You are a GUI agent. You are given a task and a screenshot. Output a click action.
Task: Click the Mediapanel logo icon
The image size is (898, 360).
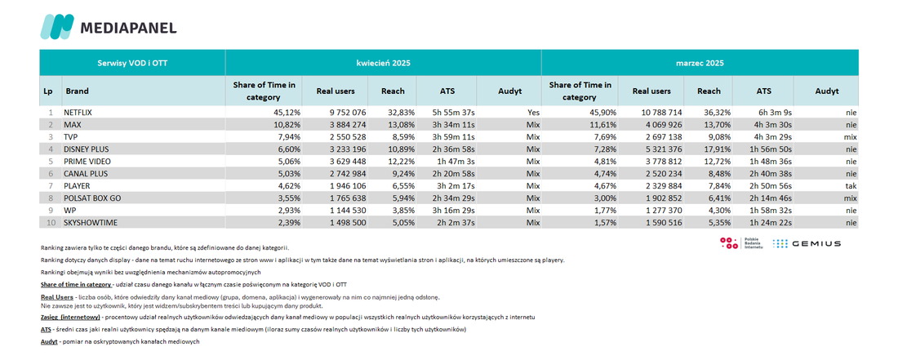pos(56,27)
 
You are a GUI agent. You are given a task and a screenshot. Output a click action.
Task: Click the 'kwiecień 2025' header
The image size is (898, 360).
pos(383,62)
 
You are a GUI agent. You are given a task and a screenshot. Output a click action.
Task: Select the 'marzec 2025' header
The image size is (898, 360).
pos(700,62)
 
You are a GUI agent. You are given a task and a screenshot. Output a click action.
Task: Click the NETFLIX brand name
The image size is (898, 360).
pos(78,113)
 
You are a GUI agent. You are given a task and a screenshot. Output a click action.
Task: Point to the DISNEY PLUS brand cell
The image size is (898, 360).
pos(87,149)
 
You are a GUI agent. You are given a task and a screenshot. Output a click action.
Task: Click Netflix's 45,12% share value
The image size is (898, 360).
pos(283,113)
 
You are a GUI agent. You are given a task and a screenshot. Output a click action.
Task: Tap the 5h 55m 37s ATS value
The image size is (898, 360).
pos(454,113)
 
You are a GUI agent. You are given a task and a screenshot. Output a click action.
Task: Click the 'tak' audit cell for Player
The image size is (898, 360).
pos(851,186)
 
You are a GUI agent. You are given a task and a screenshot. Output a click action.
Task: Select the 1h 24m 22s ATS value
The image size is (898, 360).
pos(771,223)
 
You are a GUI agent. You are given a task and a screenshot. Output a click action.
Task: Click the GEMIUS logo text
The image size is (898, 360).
pos(816,244)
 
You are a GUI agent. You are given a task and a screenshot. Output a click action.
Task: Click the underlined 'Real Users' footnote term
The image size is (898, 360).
pos(56,297)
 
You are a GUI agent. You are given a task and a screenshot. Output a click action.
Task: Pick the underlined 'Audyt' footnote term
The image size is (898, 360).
pos(49,342)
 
